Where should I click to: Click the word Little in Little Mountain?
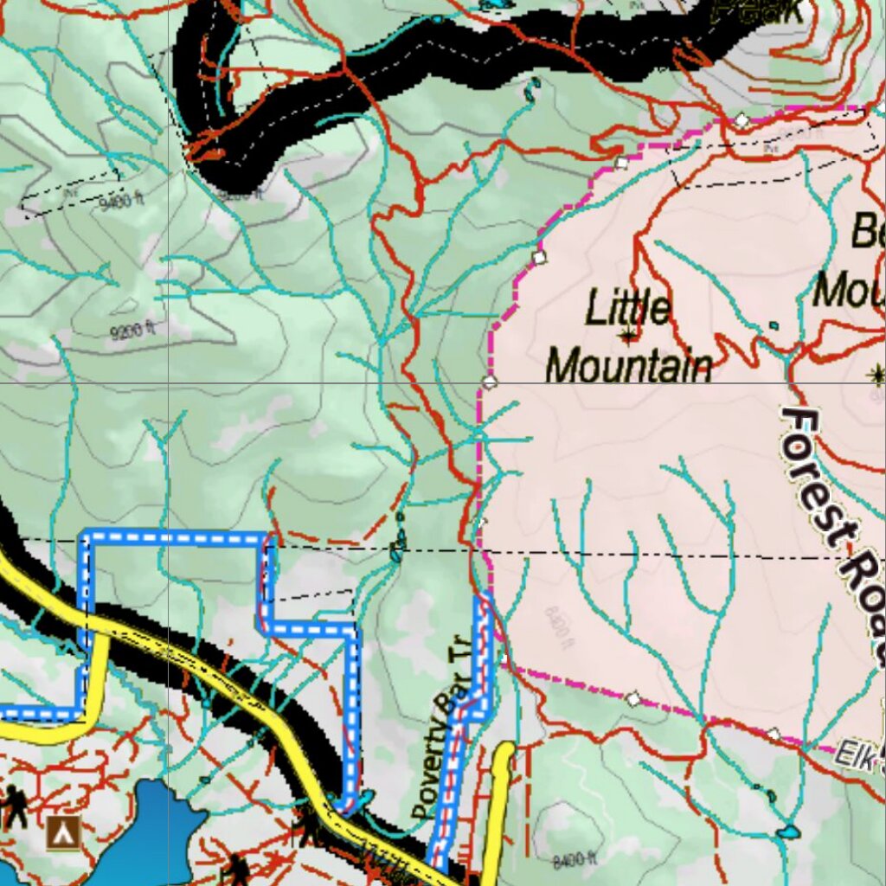coord(628,308)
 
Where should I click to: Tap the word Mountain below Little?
coord(629,366)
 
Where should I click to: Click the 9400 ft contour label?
coord(120,203)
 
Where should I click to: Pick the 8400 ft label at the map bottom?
coord(575,860)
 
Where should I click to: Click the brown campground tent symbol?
coord(63,832)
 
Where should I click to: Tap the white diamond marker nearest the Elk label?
coord(773,734)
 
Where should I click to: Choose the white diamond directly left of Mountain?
coord(491,382)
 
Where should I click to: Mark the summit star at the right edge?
coord(876,374)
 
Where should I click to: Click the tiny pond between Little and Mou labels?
coord(774,326)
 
